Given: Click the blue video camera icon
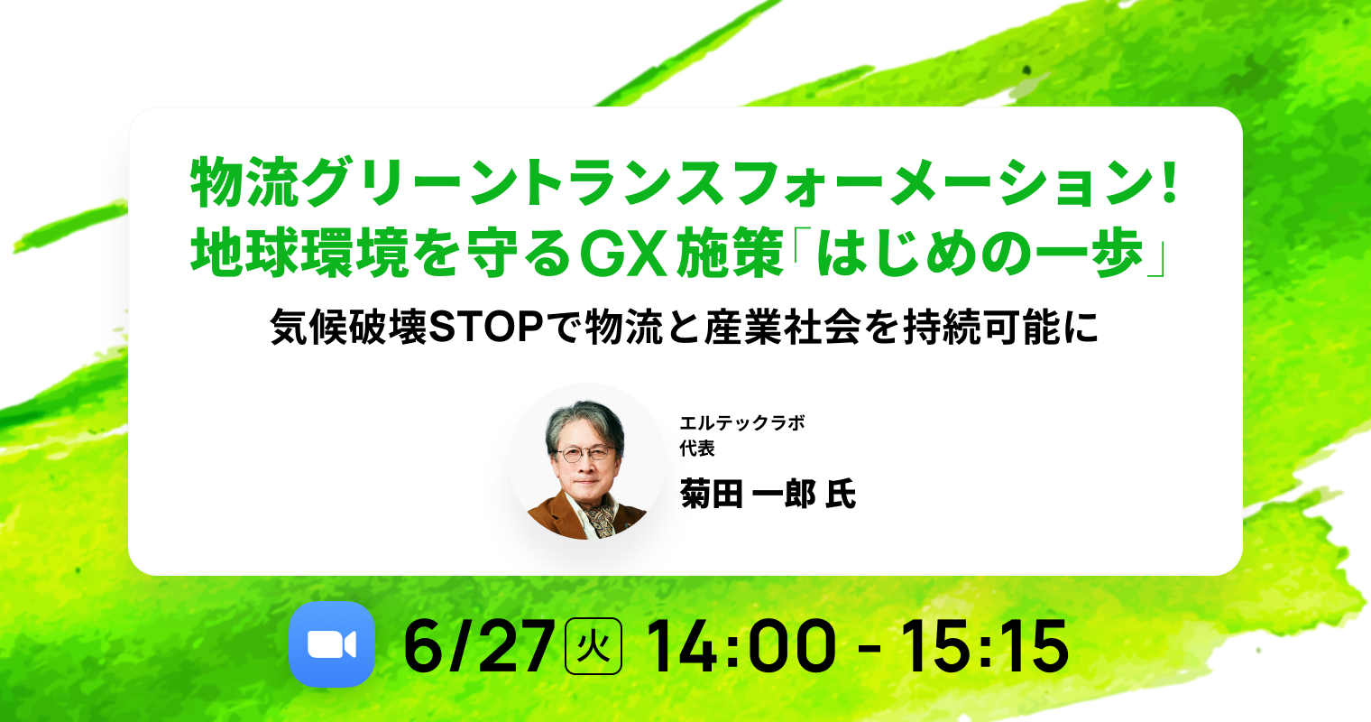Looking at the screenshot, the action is click(x=332, y=644).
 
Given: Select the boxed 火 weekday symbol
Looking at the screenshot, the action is click(x=593, y=646).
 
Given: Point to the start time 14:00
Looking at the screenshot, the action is click(x=741, y=646).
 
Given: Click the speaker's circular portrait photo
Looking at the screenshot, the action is click(x=587, y=461).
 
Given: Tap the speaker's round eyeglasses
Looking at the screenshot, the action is click(x=585, y=454).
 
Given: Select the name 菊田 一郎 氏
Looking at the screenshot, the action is click(x=768, y=494).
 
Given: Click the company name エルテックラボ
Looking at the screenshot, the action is click(x=742, y=422).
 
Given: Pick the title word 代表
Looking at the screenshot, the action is click(x=697, y=449).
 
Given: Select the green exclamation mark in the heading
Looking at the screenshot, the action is click(x=1170, y=182).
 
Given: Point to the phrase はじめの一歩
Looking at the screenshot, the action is click(x=980, y=253).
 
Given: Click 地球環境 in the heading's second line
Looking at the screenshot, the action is click(x=299, y=253).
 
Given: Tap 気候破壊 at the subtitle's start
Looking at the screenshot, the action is click(x=348, y=327).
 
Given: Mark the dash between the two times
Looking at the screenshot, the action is click(x=870, y=650).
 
